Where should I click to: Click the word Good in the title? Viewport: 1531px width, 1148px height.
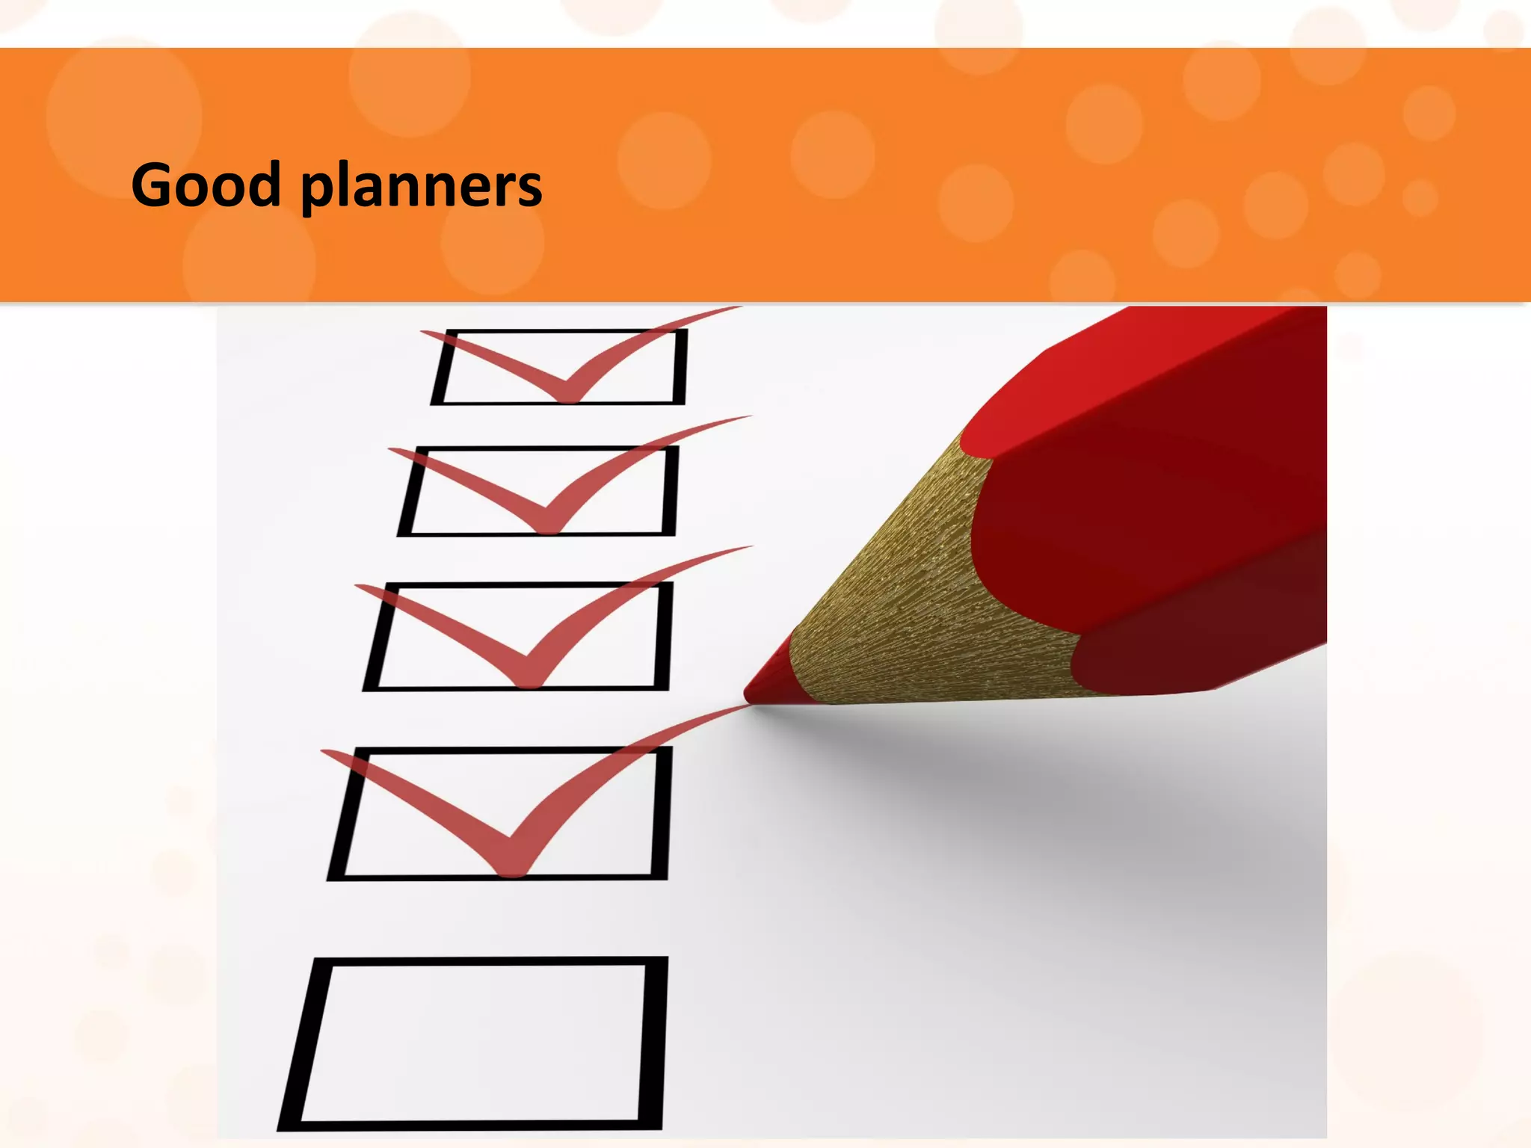[x=206, y=185]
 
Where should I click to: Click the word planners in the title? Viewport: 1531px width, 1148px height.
[x=422, y=187]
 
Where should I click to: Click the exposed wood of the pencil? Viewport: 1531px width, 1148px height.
[x=912, y=598]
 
